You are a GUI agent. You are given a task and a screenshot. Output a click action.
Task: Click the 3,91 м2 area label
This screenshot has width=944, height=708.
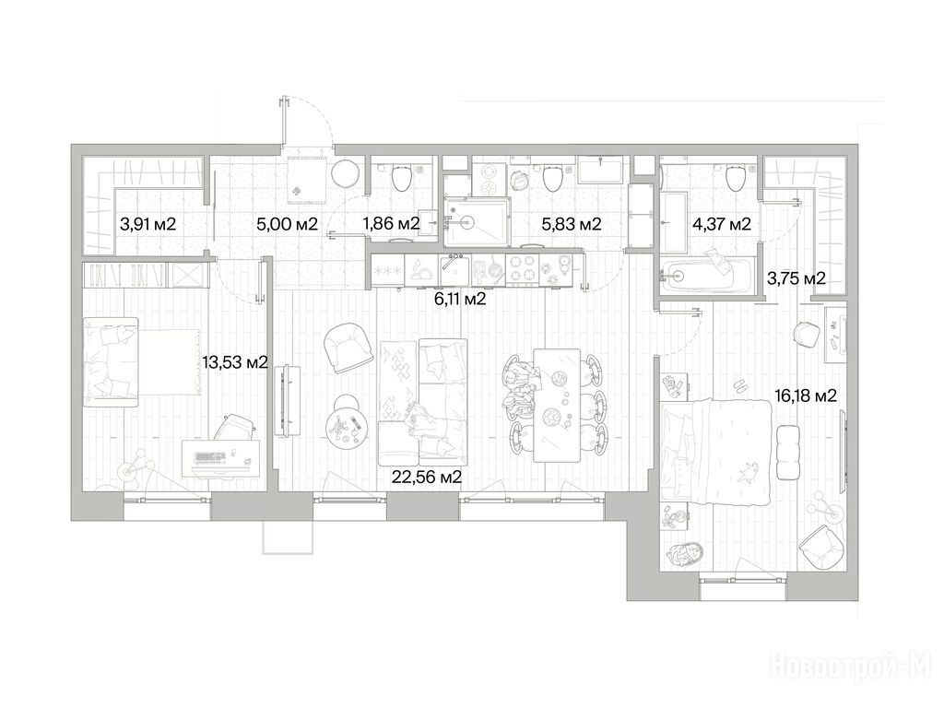(147, 225)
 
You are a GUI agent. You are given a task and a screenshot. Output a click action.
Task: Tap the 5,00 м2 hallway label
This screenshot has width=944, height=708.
(287, 225)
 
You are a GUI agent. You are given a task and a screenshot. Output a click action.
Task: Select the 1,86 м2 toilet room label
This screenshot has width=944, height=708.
(391, 224)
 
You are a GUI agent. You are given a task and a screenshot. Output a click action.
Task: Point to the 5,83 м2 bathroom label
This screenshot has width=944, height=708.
(572, 225)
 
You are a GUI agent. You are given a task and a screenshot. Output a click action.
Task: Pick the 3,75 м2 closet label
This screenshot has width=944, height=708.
(796, 278)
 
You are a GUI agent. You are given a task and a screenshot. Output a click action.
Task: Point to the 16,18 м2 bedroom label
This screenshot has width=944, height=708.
(805, 395)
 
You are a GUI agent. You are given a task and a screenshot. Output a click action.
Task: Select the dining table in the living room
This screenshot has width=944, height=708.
(557, 406)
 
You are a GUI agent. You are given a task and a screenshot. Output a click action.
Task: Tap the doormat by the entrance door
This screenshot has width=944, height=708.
(307, 178)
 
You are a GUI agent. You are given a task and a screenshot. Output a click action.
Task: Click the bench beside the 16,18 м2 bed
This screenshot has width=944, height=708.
(788, 452)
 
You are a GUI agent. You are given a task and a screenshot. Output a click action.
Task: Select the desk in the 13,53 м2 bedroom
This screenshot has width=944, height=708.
(221, 458)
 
